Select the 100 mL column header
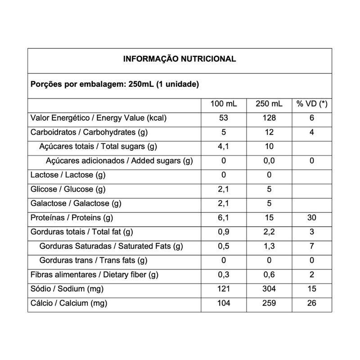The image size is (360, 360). click(224, 104)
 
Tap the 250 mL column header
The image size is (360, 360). click(269, 104)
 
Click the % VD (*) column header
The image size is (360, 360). click(311, 104)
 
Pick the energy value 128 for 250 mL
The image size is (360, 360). click(269, 118)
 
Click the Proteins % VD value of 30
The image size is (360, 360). click(311, 218)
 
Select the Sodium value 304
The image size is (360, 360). click(269, 289)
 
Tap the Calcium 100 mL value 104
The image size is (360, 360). click(224, 303)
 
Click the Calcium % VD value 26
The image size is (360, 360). click(311, 303)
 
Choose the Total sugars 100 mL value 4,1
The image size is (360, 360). click(224, 147)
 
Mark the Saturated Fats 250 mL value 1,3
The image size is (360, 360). click(269, 246)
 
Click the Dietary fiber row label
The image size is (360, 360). click(94, 275)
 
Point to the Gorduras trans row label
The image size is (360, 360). click(94, 261)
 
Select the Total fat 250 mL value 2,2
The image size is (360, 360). click(269, 232)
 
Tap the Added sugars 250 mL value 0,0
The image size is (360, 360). click(269, 161)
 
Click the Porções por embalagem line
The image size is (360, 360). click(108, 84)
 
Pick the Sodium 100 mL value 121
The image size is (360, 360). click(224, 289)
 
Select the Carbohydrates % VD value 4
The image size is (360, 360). click(311, 133)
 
